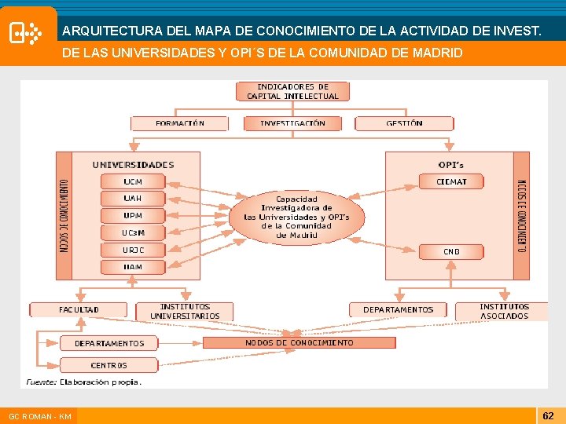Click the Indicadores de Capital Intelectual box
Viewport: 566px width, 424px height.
(x=292, y=91)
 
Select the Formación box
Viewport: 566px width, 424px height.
(x=179, y=123)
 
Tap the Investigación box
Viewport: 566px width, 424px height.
(x=292, y=123)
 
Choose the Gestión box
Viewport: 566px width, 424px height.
(x=404, y=123)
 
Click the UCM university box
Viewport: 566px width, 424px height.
(x=133, y=181)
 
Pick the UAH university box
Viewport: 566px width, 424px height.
(x=133, y=199)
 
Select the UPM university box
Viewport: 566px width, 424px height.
(x=133, y=215)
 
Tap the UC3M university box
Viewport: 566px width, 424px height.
(x=133, y=232)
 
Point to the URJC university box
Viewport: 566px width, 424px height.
(x=133, y=250)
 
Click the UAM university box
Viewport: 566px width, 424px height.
(x=133, y=267)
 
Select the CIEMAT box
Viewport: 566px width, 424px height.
(x=451, y=181)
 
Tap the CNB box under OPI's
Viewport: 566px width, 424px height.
(x=451, y=251)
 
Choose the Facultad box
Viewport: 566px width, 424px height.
(x=79, y=309)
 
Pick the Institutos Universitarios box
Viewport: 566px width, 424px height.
(x=185, y=311)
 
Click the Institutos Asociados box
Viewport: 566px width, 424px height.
(x=504, y=311)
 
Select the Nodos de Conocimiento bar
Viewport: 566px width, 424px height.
(x=300, y=342)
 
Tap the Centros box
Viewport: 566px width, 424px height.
(x=108, y=365)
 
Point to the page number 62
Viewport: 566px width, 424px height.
(x=549, y=414)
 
